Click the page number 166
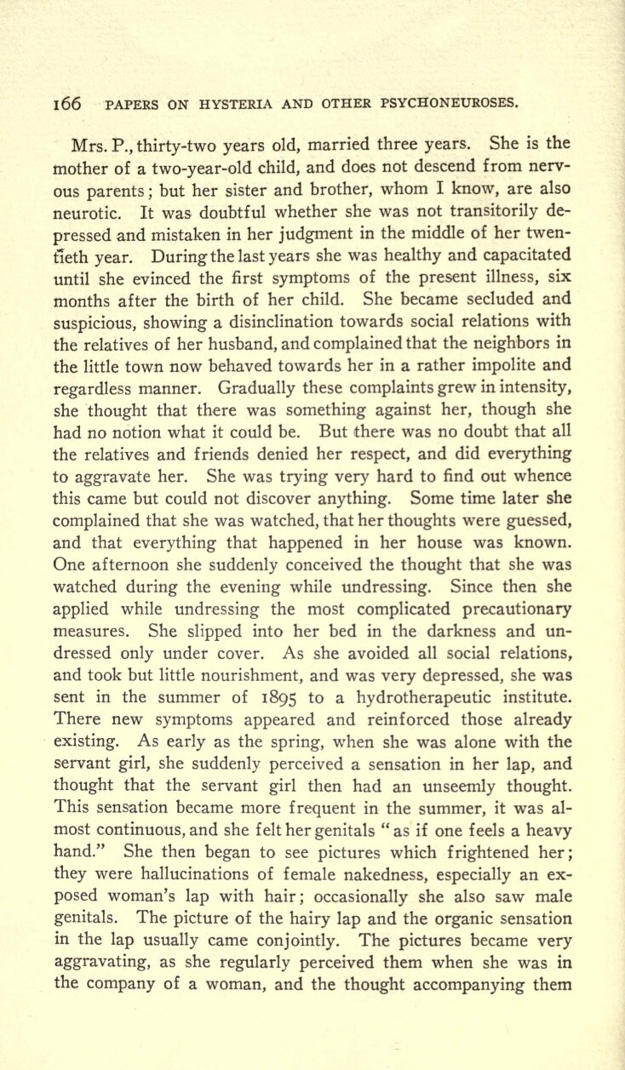click(x=66, y=104)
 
